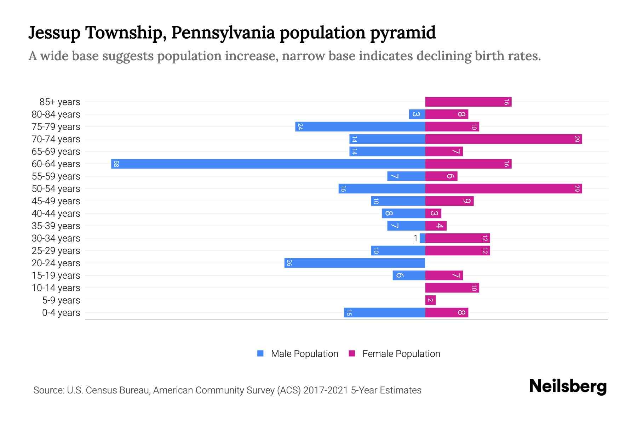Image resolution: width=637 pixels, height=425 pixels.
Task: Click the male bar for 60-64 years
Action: [x=268, y=164]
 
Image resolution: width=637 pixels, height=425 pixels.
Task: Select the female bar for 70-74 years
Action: [x=503, y=139]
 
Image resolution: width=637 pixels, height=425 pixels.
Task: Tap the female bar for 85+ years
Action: [x=468, y=102]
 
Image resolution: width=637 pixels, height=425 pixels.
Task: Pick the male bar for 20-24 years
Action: [x=354, y=263]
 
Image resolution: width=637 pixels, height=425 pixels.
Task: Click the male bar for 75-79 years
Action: [x=360, y=127]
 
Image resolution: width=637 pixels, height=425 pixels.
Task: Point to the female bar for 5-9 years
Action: [x=430, y=300]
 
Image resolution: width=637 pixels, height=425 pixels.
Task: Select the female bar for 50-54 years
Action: [x=503, y=189]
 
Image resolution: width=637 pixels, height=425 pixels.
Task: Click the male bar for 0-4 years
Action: [x=384, y=313]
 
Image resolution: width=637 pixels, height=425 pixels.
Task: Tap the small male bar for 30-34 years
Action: [x=422, y=238]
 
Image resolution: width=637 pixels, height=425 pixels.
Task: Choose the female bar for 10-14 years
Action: [x=452, y=288]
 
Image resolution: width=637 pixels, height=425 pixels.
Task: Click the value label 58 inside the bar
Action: [x=116, y=164]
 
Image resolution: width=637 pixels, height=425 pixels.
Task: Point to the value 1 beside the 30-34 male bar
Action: [x=415, y=238]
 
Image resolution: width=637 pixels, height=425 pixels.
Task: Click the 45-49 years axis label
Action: [x=56, y=201]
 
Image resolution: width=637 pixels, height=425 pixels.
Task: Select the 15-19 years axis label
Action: [x=56, y=276]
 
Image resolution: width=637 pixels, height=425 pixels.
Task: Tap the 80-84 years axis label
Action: [x=56, y=114]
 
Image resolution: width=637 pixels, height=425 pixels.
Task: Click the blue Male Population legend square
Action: [x=260, y=353]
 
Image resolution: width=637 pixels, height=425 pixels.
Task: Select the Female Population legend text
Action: [x=401, y=354]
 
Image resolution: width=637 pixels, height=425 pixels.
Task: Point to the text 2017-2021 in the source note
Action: [x=326, y=390]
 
